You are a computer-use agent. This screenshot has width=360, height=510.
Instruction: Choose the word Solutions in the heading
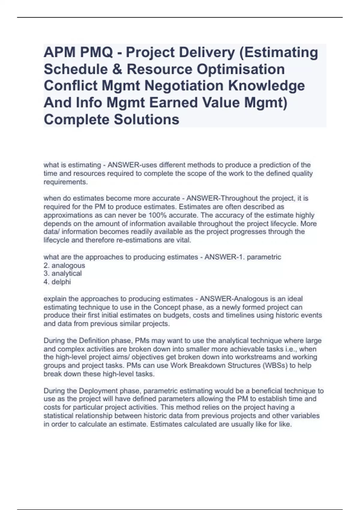[x=146, y=119]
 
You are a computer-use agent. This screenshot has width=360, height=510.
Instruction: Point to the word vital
[x=183, y=240]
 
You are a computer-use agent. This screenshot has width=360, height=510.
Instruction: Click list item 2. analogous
[x=64, y=265]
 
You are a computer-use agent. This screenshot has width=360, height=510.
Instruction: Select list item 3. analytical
[x=63, y=274]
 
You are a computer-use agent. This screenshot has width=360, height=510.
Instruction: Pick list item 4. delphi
[x=57, y=282]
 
